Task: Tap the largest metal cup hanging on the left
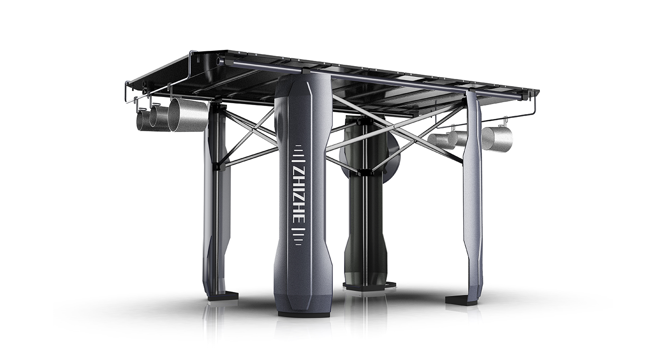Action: click(188, 114)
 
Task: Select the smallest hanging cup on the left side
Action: click(143, 120)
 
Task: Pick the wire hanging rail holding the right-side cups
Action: click(519, 114)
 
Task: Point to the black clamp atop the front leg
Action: click(303, 71)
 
